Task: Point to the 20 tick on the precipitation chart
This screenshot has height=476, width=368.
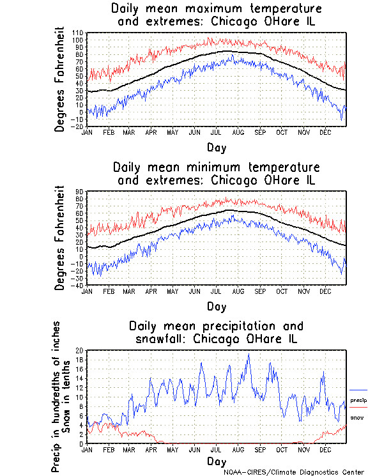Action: [80, 350]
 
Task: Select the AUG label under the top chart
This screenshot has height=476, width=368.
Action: [238, 132]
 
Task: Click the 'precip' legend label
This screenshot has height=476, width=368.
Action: [358, 400]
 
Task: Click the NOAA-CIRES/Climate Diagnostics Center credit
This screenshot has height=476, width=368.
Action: [295, 472]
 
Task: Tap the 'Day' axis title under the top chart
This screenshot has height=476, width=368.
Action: [216, 147]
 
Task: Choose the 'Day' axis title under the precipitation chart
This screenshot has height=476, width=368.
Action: [216, 461]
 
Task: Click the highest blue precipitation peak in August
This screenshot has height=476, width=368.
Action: [249, 355]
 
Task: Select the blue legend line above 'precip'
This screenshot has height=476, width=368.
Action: [358, 390]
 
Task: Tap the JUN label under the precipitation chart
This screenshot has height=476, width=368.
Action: [194, 450]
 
